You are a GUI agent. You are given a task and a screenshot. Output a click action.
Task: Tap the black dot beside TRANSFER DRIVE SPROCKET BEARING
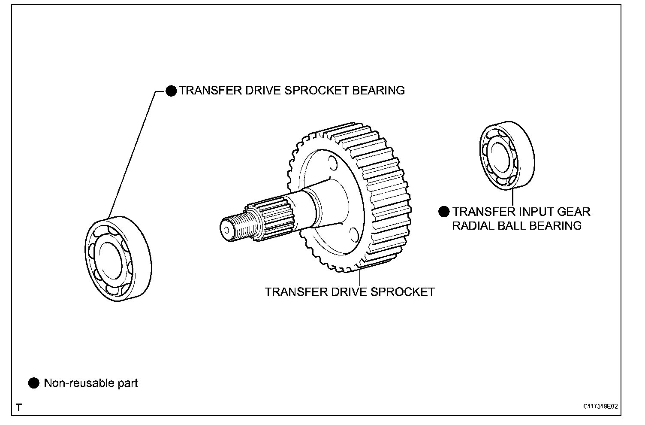[x=171, y=91]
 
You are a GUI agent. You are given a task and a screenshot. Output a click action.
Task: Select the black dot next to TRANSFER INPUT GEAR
[x=444, y=212]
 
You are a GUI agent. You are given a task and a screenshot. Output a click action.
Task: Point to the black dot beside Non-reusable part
[x=33, y=383]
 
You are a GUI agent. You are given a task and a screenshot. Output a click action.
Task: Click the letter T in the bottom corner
[x=18, y=407]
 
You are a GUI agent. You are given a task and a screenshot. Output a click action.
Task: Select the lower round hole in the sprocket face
[x=354, y=234]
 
